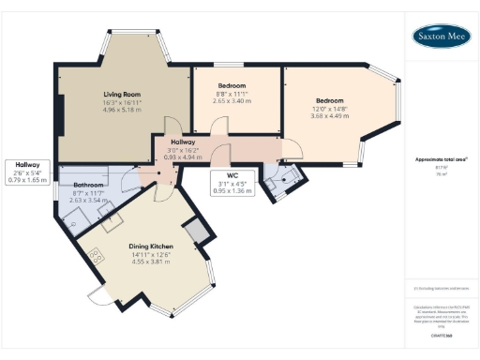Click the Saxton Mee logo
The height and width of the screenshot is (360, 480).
pos(442,36)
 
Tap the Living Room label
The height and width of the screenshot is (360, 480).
pos(122,95)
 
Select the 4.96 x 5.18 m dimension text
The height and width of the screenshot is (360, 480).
pos(122,110)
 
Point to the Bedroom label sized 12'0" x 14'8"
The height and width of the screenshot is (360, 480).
pos(329,101)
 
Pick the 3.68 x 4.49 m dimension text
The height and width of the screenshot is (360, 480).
pos(329,116)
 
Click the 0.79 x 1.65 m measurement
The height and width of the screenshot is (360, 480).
pos(27,179)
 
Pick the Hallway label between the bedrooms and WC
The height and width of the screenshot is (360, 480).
pos(183,142)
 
